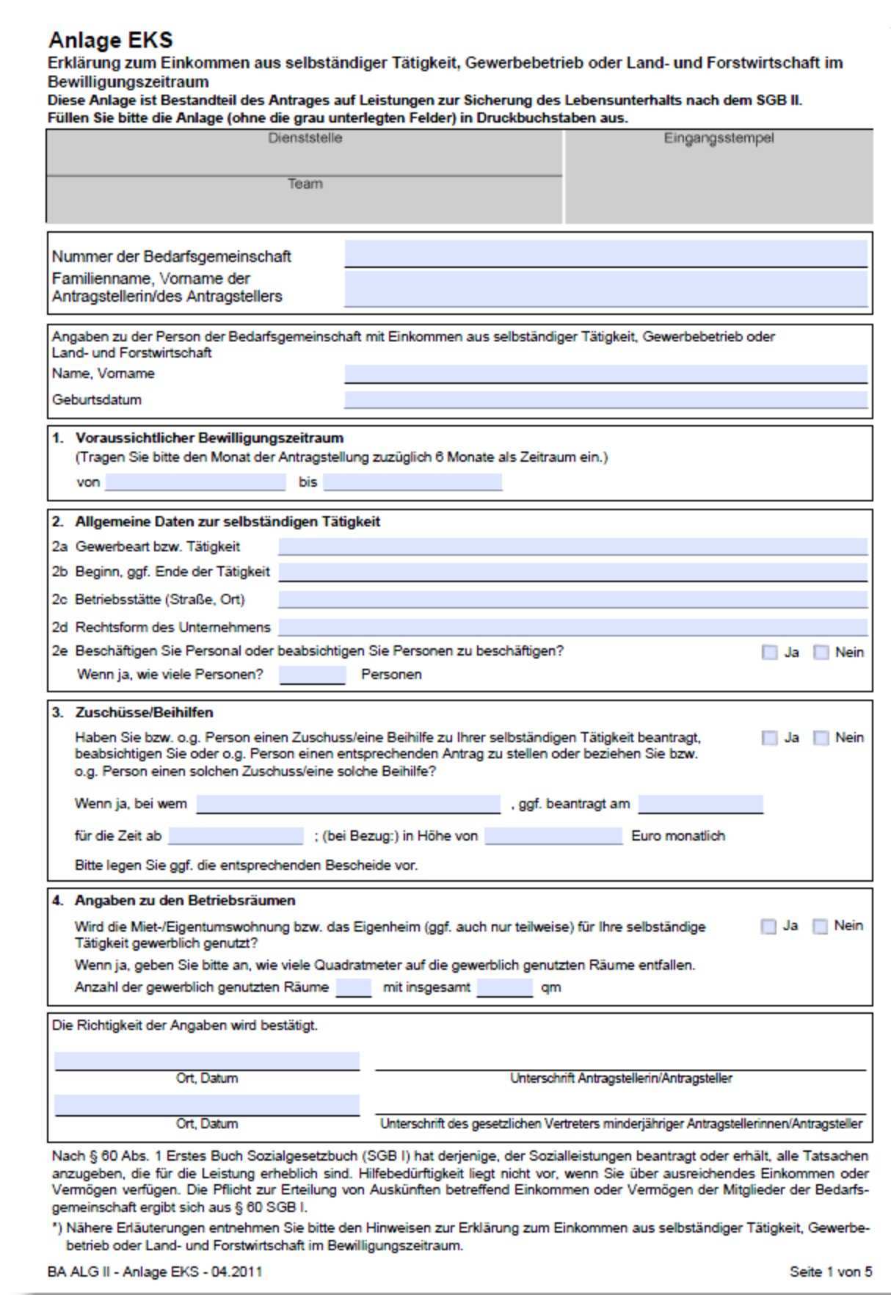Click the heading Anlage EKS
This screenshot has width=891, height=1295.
tap(110, 40)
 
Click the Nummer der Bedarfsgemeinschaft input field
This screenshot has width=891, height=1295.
tap(605, 254)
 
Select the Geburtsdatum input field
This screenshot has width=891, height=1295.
tap(605, 399)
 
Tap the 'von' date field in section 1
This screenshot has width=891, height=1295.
tap(195, 482)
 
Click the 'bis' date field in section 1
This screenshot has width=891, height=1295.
tap(412, 482)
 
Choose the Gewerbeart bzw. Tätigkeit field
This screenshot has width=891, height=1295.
tap(572, 546)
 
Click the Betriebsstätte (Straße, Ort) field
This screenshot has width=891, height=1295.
tap(572, 599)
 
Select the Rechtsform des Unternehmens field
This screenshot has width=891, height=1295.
tap(572, 627)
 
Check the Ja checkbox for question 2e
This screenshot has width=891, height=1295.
tap(769, 652)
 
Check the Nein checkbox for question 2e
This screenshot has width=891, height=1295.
tap(821, 652)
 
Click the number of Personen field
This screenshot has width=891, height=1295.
tap(312, 674)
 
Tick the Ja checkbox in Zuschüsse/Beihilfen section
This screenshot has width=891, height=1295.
tap(769, 738)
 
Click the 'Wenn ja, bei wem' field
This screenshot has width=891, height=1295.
tap(348, 804)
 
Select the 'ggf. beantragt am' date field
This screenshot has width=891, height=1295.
tap(700, 804)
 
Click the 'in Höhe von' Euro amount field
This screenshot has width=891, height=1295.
tap(553, 835)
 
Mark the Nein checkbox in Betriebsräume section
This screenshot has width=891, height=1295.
tap(820, 926)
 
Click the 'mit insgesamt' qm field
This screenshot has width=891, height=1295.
tap(504, 987)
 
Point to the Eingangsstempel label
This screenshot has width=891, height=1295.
tap(719, 138)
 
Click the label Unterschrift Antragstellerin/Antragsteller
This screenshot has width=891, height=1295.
tap(621, 1078)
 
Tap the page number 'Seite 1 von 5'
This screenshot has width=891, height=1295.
tap(831, 1272)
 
